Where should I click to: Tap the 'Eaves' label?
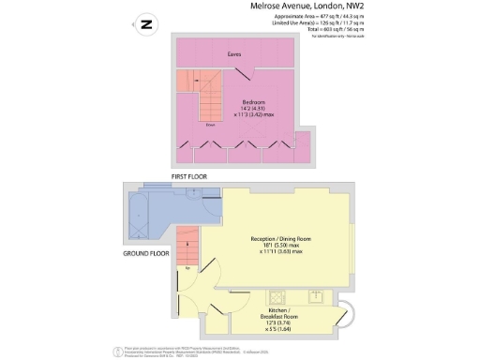235,54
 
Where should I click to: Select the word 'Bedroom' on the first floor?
254,102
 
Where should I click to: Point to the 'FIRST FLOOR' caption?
188,176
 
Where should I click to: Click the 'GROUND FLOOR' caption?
147,254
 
